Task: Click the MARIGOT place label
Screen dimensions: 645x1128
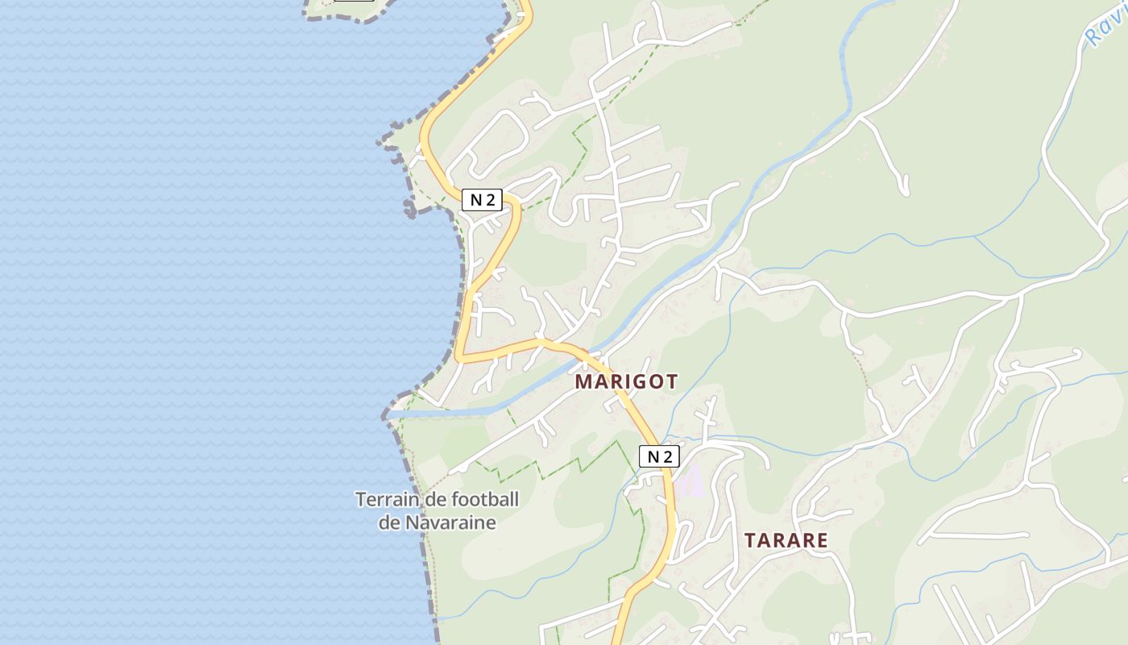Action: coord(626,381)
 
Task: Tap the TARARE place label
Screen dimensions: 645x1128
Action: coord(786,540)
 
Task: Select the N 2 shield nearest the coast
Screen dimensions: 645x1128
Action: coord(482,200)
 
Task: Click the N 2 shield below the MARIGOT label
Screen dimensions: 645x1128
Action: coord(659,456)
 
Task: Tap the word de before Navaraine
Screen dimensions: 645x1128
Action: coord(389,522)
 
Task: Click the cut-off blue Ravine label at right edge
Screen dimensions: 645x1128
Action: coord(1104,28)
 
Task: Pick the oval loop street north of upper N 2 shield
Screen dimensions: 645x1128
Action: coord(493,141)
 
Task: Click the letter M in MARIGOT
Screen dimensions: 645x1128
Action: coord(584,381)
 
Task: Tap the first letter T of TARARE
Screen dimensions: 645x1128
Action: coord(750,540)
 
